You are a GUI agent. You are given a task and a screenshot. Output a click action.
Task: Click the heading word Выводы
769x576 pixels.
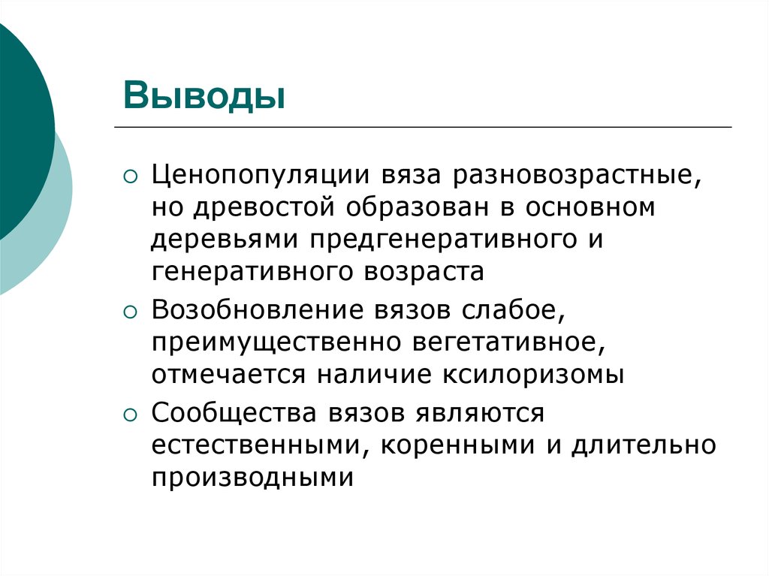pyautogui.click(x=205, y=96)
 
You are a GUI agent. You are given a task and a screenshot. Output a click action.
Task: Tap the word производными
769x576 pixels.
pyautogui.click(x=252, y=475)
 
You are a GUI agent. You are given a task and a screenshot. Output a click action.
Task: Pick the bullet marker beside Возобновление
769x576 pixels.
pyautogui.click(x=131, y=311)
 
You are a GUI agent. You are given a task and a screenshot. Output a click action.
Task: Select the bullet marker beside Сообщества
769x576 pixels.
pyautogui.click(x=131, y=414)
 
